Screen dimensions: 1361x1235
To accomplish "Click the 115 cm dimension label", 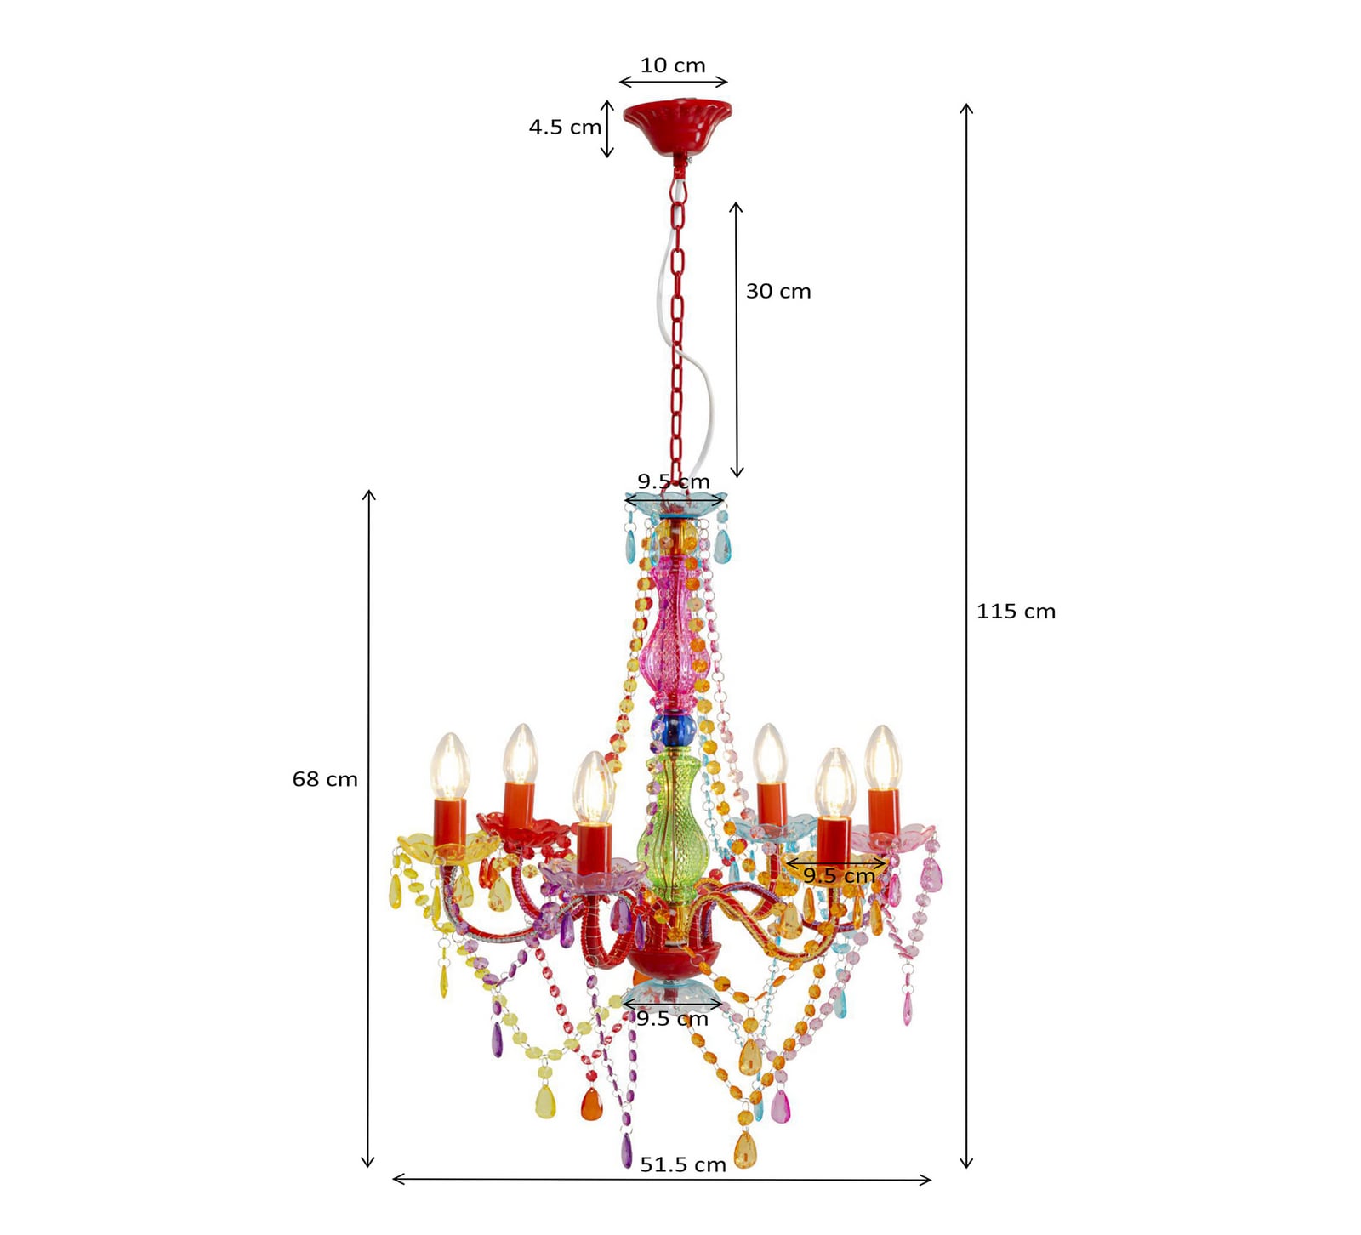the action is pos(1016,611).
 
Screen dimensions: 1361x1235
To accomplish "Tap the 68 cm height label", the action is pos(325,779).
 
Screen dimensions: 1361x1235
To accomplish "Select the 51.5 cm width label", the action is pos(683,1164).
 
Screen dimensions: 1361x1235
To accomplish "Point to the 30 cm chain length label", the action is pos(778,291).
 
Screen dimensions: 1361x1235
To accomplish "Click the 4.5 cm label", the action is pos(565,127).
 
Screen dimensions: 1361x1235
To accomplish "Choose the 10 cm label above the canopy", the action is pos(673,65).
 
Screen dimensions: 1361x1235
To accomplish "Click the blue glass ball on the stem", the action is pos(674,728).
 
